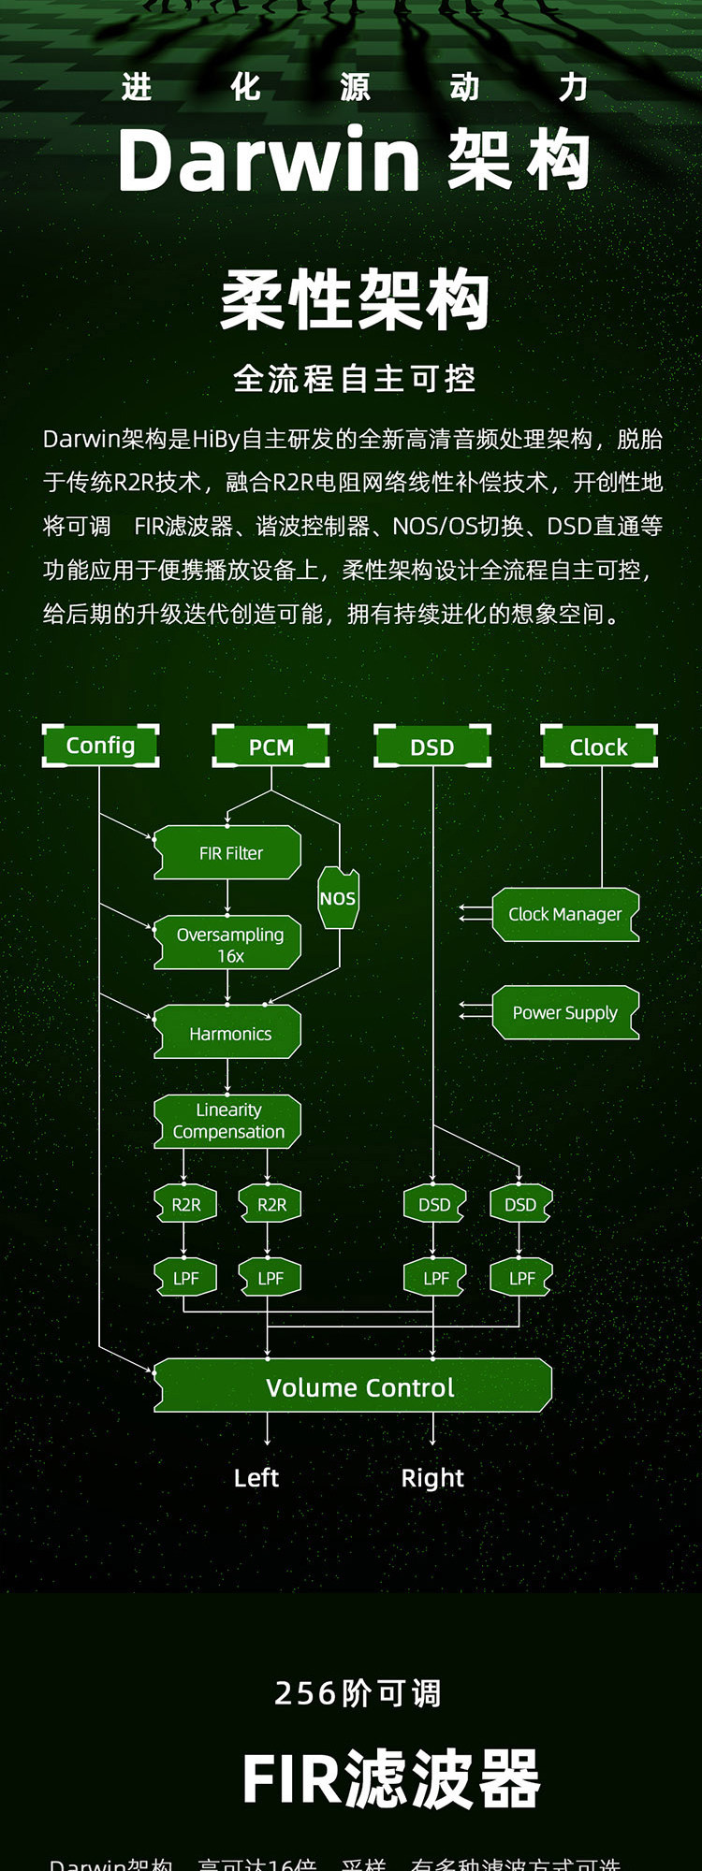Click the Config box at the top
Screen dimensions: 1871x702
pos(100,746)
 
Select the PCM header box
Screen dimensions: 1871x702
pos(271,747)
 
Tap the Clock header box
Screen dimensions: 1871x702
pos(599,747)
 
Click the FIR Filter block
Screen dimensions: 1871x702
pos(228,852)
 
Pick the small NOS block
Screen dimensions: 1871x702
pos(338,898)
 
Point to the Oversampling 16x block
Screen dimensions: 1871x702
pos(228,943)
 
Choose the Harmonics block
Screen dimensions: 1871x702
pos(228,1033)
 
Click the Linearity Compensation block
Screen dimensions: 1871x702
pos(228,1121)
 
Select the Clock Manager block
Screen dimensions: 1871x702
pos(565,914)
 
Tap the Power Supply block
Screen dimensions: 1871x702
pos(565,1012)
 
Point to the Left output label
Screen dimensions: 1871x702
pos(256,1477)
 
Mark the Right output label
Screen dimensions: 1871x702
pos(432,1477)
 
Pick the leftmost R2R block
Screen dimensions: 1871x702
pos(185,1204)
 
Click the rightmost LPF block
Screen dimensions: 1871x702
pos(521,1278)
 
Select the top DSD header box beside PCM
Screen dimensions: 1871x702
pos(432,747)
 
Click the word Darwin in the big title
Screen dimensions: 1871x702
pos(269,160)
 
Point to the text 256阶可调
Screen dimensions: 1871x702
pos(357,1692)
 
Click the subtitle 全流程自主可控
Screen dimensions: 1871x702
pos(354,379)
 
